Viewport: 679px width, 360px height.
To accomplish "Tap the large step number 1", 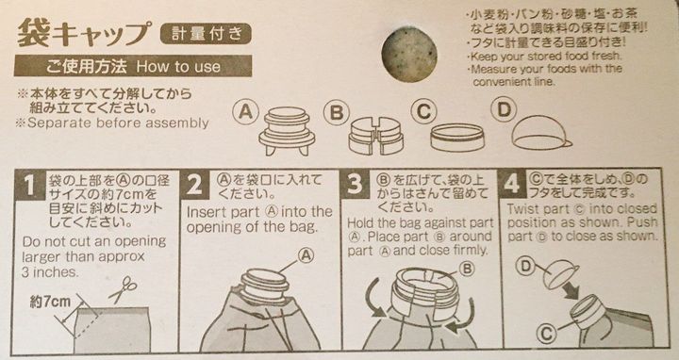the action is click(x=29, y=186).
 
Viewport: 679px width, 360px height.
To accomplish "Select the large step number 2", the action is click(x=195, y=186).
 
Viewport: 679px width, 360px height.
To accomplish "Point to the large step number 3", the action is click(x=355, y=185).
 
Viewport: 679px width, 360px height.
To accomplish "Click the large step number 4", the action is click(x=511, y=184).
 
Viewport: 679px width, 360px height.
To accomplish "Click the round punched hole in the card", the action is click(x=409, y=54).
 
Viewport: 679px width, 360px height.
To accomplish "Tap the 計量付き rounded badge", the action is click(x=206, y=34).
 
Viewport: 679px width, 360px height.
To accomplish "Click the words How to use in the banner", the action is click(x=178, y=67).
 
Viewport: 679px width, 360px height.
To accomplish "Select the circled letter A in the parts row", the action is click(x=245, y=112).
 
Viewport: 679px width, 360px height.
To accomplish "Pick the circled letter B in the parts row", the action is click(x=337, y=113).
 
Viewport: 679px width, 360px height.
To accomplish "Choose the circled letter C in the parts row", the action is click(x=424, y=112).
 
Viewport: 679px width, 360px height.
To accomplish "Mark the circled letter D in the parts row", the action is click(x=504, y=110).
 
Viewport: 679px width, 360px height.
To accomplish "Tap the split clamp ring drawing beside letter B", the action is click(x=376, y=137).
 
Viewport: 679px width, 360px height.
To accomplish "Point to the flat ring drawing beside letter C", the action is click(x=457, y=138).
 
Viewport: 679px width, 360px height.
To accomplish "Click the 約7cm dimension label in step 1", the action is click(x=50, y=302).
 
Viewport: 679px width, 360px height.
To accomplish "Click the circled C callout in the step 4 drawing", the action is click(x=546, y=334).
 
